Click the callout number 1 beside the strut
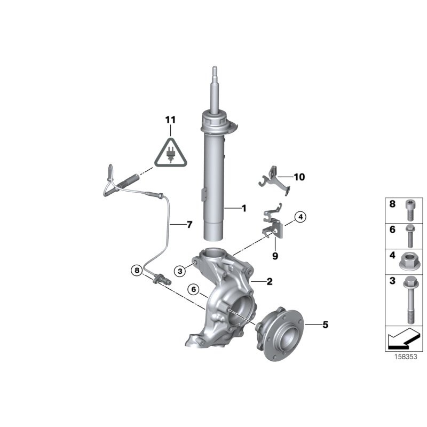click(x=244, y=208)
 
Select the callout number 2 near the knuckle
click(x=270, y=281)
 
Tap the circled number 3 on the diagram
click(x=181, y=272)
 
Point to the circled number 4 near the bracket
click(x=301, y=217)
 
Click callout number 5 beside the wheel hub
click(x=326, y=324)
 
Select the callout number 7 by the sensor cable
click(x=188, y=225)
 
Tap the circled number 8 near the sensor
click(x=137, y=271)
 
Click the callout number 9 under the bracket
click(x=275, y=256)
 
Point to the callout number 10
click(x=299, y=177)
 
